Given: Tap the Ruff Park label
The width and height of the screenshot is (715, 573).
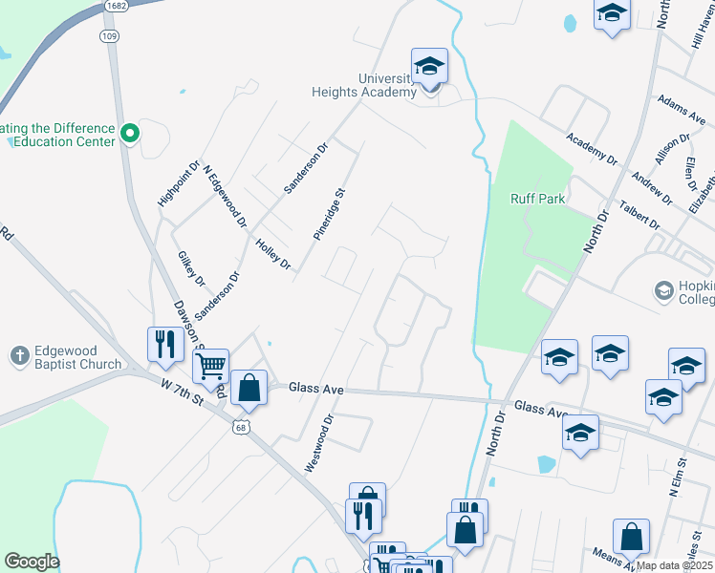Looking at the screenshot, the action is coord(538,199).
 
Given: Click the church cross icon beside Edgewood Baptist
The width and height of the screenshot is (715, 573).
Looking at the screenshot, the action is coord(18,356).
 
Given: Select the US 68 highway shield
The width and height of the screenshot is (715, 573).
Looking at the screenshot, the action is coord(239,427).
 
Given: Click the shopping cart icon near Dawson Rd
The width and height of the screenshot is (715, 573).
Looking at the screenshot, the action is coord(210,365).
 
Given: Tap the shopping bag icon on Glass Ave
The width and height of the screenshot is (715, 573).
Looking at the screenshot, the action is coord(249,387).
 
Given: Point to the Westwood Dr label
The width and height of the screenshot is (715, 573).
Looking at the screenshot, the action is coord(319,442).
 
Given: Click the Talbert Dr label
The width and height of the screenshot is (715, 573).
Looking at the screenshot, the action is coord(640,215).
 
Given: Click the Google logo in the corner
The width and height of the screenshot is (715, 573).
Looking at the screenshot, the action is coord(32,562).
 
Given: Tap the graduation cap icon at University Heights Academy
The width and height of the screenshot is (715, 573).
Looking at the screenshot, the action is coord(429,67).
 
